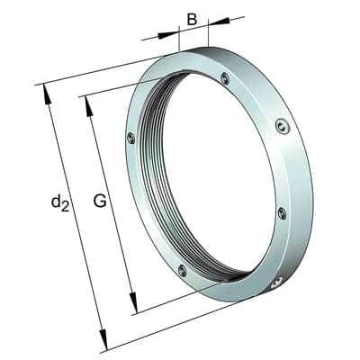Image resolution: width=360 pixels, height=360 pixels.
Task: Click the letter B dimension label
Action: [192, 20]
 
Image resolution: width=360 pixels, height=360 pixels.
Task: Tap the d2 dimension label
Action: [60, 202]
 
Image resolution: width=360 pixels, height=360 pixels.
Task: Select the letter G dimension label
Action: [100, 201]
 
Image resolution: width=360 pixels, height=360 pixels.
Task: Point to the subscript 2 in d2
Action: [66, 207]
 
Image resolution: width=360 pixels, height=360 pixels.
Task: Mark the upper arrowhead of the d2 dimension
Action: [47, 94]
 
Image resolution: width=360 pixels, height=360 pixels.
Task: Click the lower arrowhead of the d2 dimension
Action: [103, 339]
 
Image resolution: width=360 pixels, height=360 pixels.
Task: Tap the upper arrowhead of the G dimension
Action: [89, 105]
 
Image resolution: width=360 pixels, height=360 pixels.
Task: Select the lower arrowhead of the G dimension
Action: [133, 303]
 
